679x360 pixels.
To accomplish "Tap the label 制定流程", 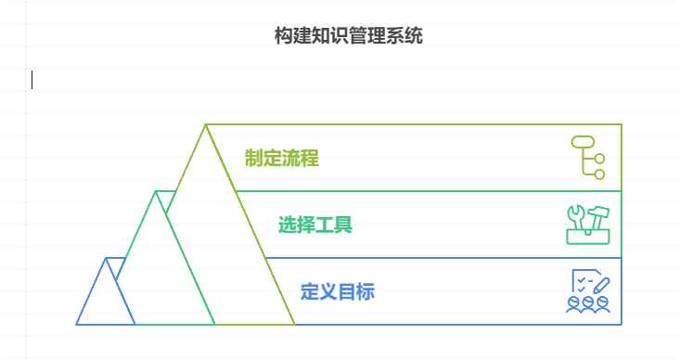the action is click(281, 158).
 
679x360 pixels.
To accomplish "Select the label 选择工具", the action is click(314, 225).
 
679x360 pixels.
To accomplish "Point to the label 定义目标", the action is click(337, 291).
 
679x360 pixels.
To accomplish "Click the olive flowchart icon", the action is click(587, 156).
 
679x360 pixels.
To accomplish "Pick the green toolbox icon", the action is click(587, 224).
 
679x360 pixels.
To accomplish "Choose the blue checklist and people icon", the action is click(588, 291).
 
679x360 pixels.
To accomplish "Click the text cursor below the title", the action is click(32, 80).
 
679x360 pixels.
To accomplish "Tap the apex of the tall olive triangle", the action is click(206, 125).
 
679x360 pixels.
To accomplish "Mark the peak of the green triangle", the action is click(156, 192).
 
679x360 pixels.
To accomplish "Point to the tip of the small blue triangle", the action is click(107, 259).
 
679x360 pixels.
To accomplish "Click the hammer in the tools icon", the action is click(598, 215).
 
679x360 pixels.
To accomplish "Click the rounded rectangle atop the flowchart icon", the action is click(582, 141).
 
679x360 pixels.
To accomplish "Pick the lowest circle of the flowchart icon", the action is click(599, 174).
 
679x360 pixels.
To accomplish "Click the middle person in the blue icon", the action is click(588, 303).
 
